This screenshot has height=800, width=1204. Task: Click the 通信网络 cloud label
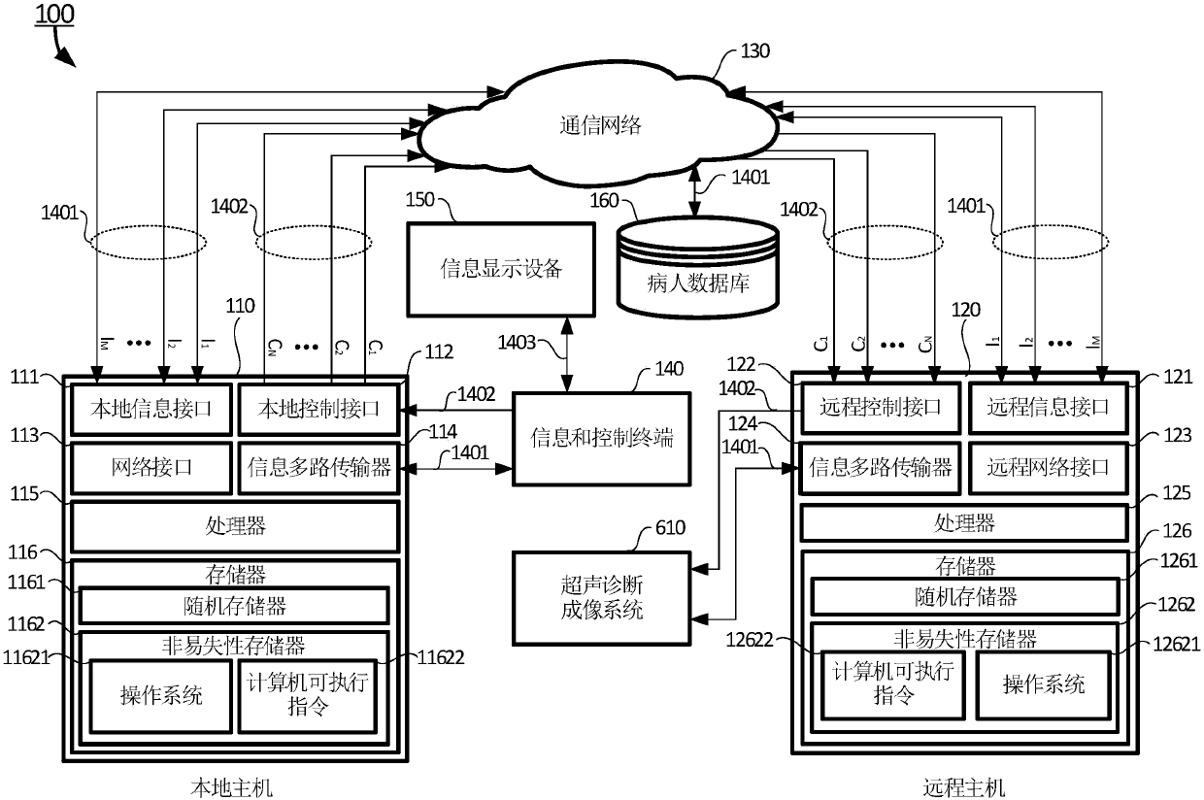601,124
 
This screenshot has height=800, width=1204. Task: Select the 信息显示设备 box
501,269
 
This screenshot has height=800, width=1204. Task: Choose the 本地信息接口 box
150,408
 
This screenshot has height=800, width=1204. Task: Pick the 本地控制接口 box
318,408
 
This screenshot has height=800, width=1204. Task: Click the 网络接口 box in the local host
150,467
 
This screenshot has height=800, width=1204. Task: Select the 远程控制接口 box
880,408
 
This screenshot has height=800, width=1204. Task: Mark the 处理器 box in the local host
235,526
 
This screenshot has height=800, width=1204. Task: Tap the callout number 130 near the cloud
755,51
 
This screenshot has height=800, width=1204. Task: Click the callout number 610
670,528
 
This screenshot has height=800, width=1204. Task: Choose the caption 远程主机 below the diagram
964,784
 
